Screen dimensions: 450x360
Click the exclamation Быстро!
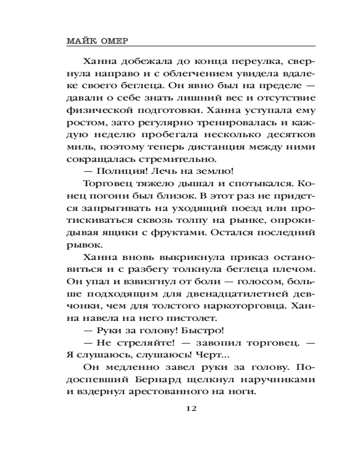[x=200, y=331]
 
